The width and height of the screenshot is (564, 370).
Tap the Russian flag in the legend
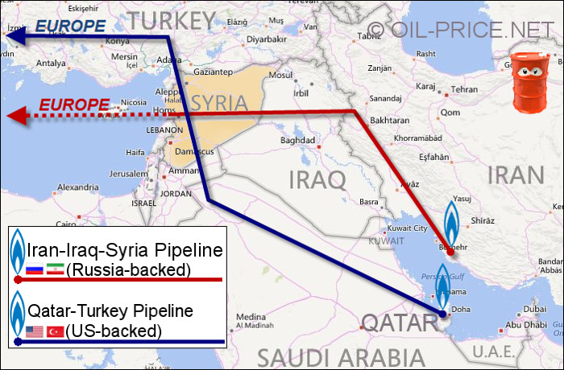(35, 269)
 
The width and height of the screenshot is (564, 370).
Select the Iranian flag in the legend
(56, 269)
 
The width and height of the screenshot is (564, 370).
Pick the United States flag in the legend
(35, 331)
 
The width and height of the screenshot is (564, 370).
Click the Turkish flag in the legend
(56, 331)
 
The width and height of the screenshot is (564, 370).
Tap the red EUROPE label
(74, 105)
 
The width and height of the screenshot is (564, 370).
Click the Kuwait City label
(408, 228)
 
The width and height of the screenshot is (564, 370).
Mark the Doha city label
(462, 309)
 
